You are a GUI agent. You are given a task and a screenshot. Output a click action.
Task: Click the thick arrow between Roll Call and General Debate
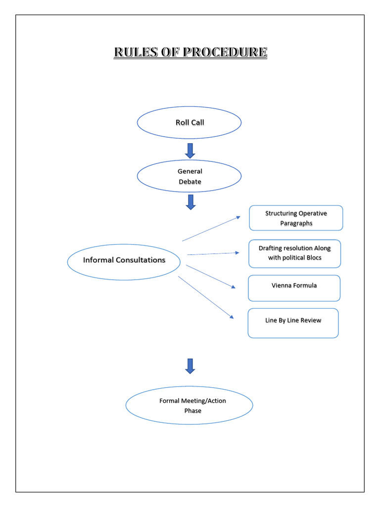(x=190, y=151)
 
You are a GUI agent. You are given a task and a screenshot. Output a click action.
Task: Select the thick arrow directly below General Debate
(x=190, y=202)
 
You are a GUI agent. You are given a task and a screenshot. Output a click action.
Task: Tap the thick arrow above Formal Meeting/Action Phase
(x=190, y=366)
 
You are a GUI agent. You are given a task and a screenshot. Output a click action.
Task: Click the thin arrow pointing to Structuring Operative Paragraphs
(x=211, y=229)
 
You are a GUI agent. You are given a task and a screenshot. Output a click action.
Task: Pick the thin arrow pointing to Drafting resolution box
(x=213, y=253)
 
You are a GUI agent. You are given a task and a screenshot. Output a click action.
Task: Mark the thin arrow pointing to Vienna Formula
(x=211, y=276)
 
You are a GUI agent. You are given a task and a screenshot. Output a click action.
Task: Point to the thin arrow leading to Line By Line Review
(x=206, y=297)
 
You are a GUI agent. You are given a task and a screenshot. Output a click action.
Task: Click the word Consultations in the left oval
(x=141, y=260)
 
